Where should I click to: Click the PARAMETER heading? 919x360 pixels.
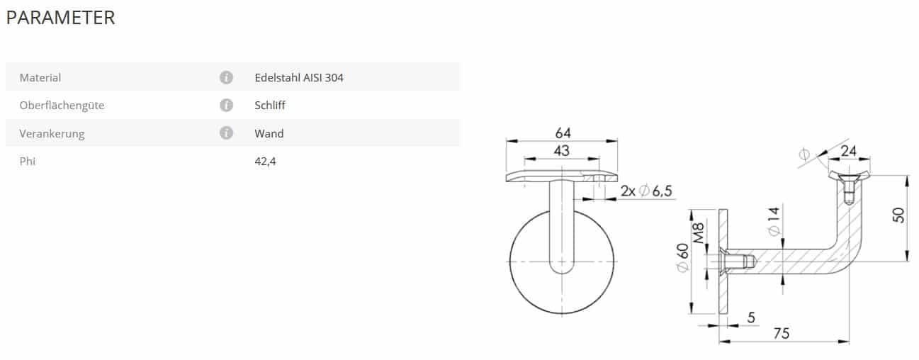pyautogui.click(x=61, y=18)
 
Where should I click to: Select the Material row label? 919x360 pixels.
pyautogui.click(x=40, y=77)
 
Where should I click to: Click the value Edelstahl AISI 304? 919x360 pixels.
pyautogui.click(x=299, y=77)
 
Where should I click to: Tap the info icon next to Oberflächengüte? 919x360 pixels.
pyautogui.click(x=226, y=105)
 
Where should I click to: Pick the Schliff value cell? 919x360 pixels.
pyautogui.click(x=270, y=105)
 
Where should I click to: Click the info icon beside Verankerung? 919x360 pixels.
pyautogui.click(x=226, y=133)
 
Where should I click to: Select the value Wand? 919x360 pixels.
pyautogui.click(x=269, y=133)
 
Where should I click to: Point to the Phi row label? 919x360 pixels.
pyautogui.click(x=28, y=161)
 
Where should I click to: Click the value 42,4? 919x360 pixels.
pyautogui.click(x=266, y=162)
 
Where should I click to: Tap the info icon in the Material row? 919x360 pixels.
pyautogui.click(x=226, y=77)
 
